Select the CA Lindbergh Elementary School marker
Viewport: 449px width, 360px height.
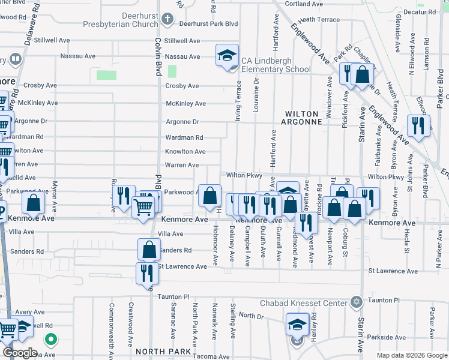(x=228, y=56)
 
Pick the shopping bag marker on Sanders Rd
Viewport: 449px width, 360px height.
(x=149, y=249)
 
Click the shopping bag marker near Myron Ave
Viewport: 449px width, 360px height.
(x=34, y=203)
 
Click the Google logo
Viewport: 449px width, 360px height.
(x=20, y=353)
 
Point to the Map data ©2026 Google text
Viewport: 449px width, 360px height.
(x=411, y=355)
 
